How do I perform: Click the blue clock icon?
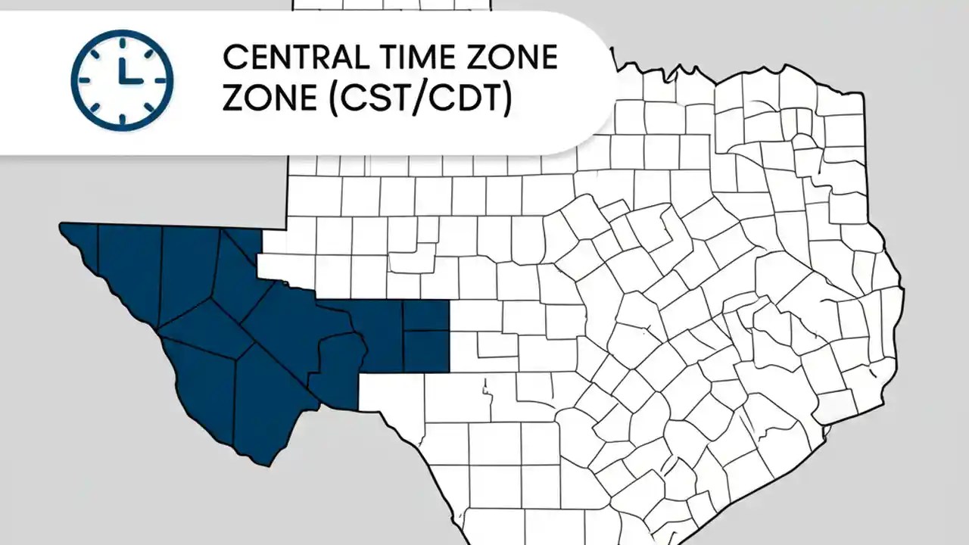[122, 79]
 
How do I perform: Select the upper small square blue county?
[425, 315]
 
